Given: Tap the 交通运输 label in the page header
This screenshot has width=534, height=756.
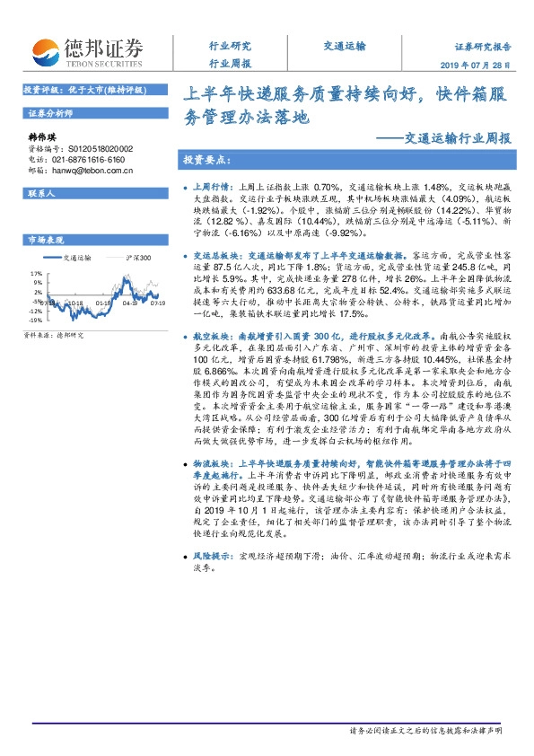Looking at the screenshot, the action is tap(344, 46).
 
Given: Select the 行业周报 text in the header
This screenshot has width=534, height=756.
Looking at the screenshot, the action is tap(230, 63).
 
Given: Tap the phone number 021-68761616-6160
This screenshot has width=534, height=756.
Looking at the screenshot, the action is tap(90, 158).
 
